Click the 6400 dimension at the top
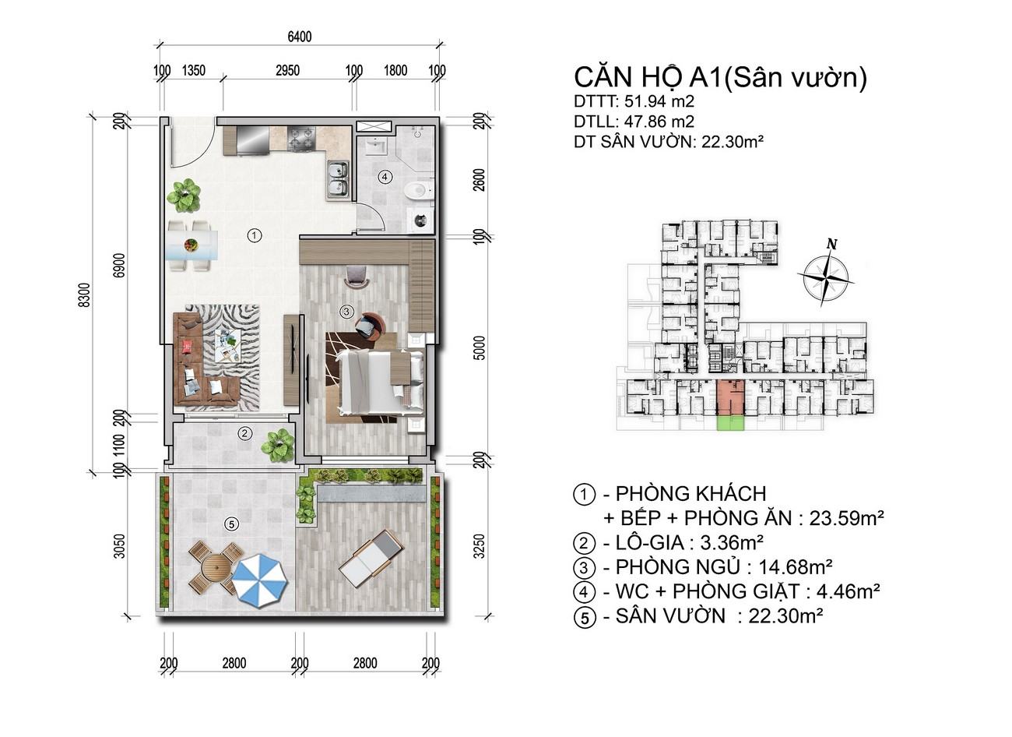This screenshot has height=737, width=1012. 300,37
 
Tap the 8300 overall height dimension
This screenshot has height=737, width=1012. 85,294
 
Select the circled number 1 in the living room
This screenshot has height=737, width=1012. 255,235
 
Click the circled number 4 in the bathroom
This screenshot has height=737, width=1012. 385,176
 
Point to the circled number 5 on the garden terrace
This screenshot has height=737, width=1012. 231,524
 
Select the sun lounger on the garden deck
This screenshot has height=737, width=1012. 371,559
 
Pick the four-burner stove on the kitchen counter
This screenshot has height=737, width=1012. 301,139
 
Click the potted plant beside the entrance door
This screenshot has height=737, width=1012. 184,196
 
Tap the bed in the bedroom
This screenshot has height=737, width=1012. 381,383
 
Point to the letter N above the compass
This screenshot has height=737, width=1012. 831,245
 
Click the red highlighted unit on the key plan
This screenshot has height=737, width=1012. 730,397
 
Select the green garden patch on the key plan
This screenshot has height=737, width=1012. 730,423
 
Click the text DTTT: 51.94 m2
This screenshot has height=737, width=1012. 634,101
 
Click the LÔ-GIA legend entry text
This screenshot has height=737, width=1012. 669,542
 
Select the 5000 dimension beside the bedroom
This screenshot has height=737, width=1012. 480,347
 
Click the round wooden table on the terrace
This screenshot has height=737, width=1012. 216,567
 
